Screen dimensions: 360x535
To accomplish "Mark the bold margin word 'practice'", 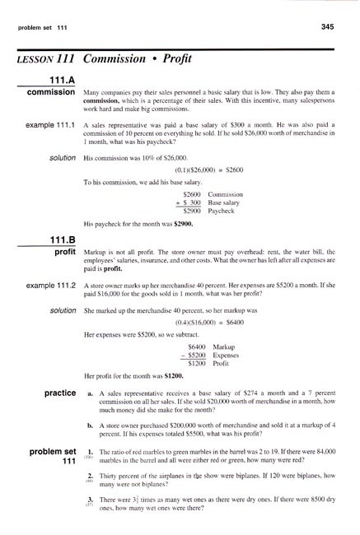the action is [x=54, y=417].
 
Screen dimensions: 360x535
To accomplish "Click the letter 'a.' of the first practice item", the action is [x=89, y=418].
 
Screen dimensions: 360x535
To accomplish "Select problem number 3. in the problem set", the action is [x=90, y=511].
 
